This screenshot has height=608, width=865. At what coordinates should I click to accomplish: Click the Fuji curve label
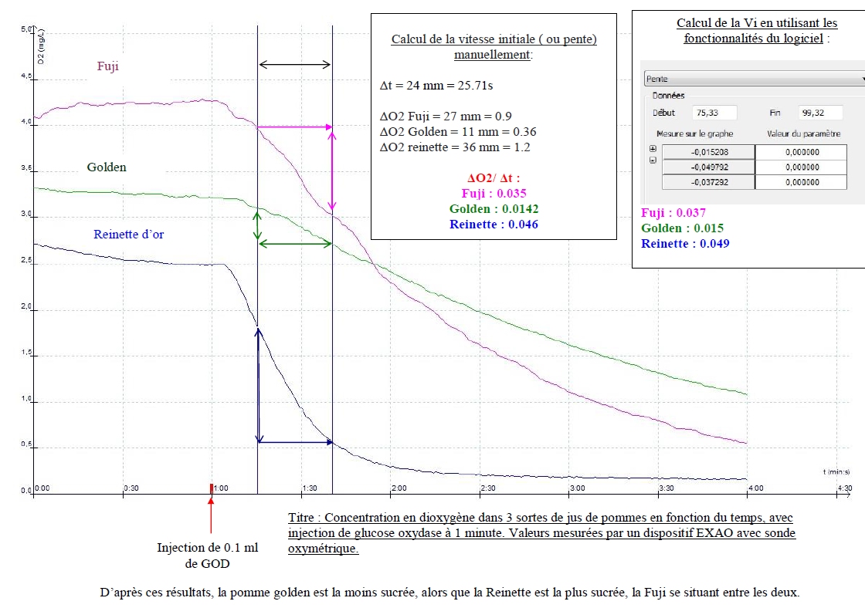[x=107, y=66]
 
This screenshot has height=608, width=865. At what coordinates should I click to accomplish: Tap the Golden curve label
[x=107, y=167]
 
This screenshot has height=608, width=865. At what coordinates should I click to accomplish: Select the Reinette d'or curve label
[x=129, y=235]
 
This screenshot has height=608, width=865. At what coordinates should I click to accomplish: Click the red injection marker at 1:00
[x=211, y=488]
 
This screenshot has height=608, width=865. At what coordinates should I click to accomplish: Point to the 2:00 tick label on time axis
[x=399, y=488]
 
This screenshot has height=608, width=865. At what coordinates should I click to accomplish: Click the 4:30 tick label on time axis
[x=845, y=488]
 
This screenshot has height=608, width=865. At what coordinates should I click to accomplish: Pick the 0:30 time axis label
[x=131, y=488]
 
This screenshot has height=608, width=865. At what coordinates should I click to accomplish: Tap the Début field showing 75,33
[x=714, y=113]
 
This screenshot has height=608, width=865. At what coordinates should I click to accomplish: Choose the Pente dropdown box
[x=753, y=79]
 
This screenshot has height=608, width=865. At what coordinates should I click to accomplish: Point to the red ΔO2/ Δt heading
[x=494, y=177]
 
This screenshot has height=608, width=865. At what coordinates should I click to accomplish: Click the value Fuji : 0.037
[x=673, y=213]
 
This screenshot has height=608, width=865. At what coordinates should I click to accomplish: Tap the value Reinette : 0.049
[x=685, y=244]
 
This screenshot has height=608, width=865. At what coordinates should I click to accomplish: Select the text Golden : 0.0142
[x=494, y=209]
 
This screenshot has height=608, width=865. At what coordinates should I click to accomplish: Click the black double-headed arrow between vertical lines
[x=295, y=65]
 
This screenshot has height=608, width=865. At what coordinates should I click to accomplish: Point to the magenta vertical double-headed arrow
[x=332, y=171]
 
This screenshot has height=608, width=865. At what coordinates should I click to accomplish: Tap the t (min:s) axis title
[x=836, y=471]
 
